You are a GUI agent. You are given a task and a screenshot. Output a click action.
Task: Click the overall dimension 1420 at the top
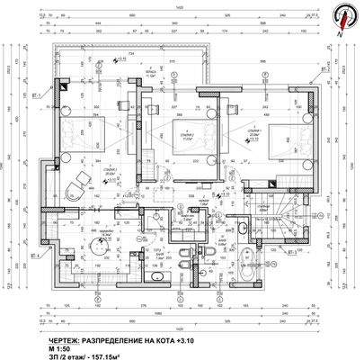point(180,7)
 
